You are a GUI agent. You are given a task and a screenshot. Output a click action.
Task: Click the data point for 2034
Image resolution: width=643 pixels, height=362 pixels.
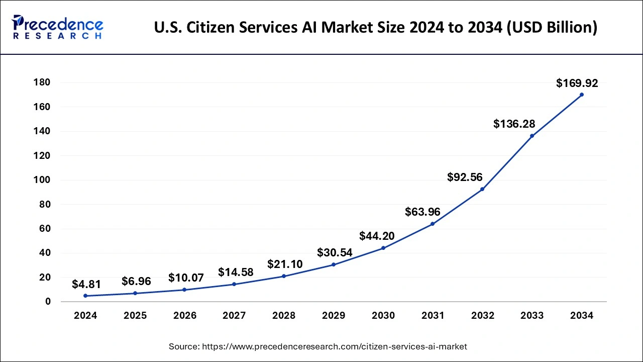coord(582,95)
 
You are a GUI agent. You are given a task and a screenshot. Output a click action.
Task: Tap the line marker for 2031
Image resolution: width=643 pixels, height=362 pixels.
coord(433,224)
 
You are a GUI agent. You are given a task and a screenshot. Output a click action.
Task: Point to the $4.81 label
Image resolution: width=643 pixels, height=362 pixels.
coord(86,285)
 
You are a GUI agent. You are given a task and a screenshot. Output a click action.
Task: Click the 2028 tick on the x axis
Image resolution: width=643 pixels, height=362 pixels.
coord(284,316)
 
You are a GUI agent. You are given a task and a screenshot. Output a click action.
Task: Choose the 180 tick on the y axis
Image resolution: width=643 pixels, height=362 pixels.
coord(42,82)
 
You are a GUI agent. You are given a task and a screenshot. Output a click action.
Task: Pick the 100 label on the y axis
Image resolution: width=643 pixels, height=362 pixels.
coord(42,180)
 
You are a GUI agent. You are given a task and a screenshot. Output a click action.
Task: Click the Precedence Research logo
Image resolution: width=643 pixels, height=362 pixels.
coord(57,27)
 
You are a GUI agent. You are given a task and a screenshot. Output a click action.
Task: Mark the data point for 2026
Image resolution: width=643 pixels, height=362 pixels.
coord(184,290)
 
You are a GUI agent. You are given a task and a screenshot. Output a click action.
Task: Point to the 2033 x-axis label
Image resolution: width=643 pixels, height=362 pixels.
coord(532,316)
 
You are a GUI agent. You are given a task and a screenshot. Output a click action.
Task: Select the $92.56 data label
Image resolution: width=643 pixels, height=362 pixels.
coord(465,177)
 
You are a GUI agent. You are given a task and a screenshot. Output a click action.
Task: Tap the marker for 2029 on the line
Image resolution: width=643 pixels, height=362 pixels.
coord(334,264)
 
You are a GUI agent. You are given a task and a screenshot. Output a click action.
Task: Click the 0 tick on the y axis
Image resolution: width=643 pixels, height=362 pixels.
coord(48,302)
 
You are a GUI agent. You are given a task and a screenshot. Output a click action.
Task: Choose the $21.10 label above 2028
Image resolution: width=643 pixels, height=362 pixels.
coord(285,264)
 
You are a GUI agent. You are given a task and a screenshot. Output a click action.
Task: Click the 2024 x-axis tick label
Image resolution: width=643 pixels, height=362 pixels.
coord(85,316)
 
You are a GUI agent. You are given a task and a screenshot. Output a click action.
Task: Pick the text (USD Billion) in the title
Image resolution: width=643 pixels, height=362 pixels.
coord(553,27)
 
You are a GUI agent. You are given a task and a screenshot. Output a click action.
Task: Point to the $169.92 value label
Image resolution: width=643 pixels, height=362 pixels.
coord(577,83)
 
